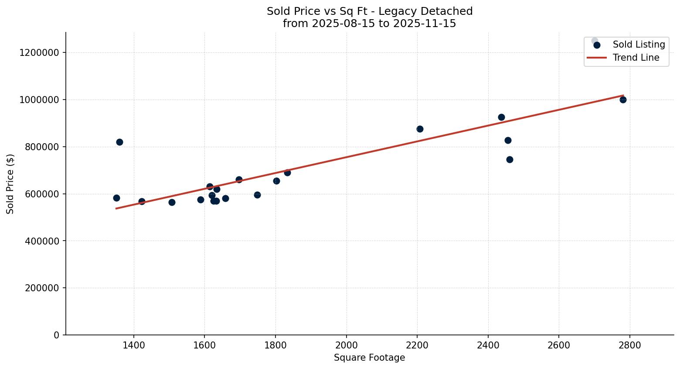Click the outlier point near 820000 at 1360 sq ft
(x=119, y=142)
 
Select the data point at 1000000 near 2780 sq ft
(x=623, y=100)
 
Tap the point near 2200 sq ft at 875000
(x=420, y=129)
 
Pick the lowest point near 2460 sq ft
(x=510, y=159)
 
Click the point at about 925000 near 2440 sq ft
(x=501, y=117)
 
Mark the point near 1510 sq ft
(x=172, y=202)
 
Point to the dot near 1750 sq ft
(x=257, y=195)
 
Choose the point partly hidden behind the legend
(x=595, y=41)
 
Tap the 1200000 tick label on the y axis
(x=39, y=52)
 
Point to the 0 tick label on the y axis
(x=57, y=335)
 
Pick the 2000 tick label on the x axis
(x=347, y=345)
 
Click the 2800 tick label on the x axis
(x=630, y=345)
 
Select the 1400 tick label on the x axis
(x=134, y=345)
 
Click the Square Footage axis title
(x=369, y=358)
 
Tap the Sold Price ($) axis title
(x=10, y=184)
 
